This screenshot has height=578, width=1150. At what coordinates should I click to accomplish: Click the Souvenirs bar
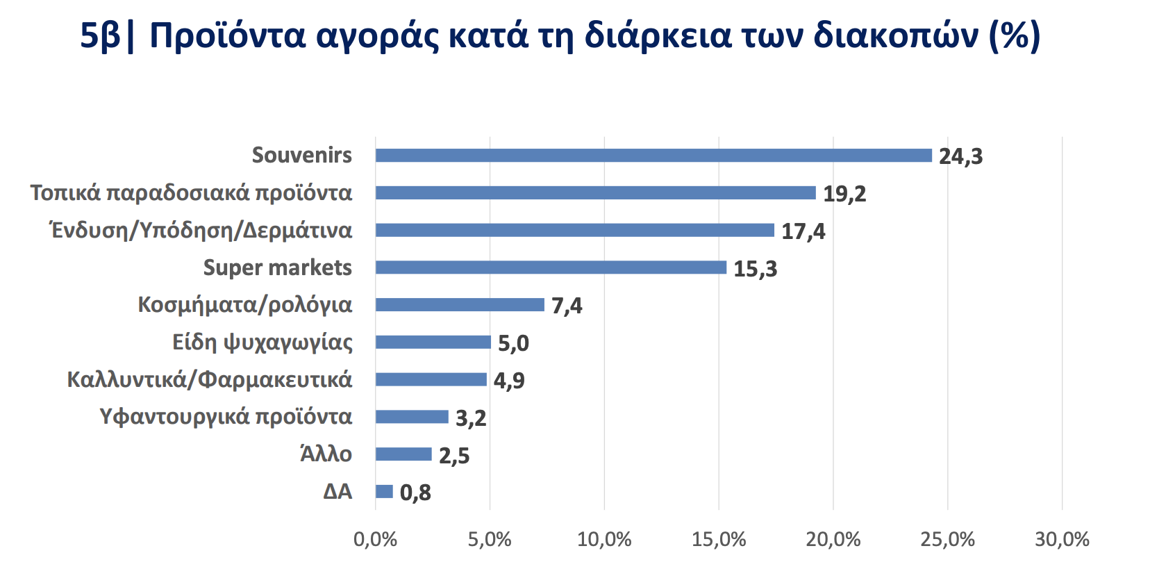tap(653, 156)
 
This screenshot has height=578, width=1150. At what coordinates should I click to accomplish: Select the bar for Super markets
tap(551, 267)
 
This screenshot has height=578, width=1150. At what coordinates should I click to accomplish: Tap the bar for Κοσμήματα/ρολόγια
tap(460, 305)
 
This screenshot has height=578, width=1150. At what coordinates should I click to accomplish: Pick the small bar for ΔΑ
tap(384, 492)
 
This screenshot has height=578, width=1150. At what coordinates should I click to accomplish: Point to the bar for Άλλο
tap(403, 454)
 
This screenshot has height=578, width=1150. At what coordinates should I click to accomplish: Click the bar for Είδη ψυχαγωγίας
tap(433, 342)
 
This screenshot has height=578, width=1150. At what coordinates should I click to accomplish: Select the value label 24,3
tap(960, 156)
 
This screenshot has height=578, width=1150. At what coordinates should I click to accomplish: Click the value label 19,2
tap(844, 193)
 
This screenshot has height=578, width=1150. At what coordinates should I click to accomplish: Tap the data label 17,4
tap(803, 231)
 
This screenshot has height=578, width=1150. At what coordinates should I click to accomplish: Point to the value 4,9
tap(509, 380)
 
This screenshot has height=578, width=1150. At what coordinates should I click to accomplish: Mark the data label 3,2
tap(471, 418)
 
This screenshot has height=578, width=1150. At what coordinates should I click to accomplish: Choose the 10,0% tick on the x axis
tap(604, 540)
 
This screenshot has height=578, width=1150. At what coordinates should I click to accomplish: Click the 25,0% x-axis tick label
tap(947, 540)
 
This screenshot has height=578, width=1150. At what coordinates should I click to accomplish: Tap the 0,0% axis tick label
tap(375, 540)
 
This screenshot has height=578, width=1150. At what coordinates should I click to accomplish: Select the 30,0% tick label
tap(1062, 540)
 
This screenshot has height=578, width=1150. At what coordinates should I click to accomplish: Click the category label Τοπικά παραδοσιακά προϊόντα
tap(191, 192)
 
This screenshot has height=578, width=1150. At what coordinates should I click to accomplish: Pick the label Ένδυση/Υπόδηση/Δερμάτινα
tap(201, 230)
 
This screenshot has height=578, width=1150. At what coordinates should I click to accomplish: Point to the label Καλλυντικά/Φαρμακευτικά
tap(209, 379)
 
